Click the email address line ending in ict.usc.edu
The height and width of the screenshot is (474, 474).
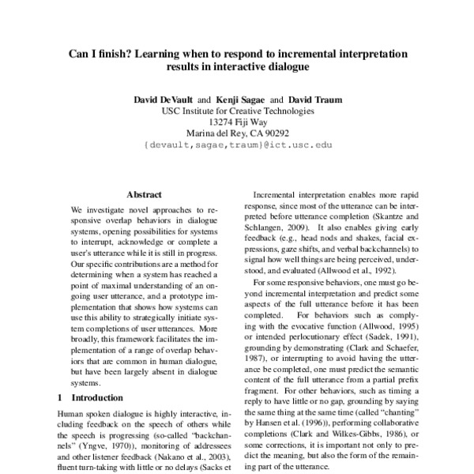[x=236, y=145]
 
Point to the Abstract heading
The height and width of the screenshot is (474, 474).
[x=144, y=194]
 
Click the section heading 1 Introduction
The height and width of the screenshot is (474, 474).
[x=90, y=397]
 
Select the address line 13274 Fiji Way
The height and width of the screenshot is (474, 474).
[x=237, y=122]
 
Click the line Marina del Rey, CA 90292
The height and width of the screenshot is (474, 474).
[x=237, y=134]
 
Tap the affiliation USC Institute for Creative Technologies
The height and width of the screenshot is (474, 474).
[x=237, y=111]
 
